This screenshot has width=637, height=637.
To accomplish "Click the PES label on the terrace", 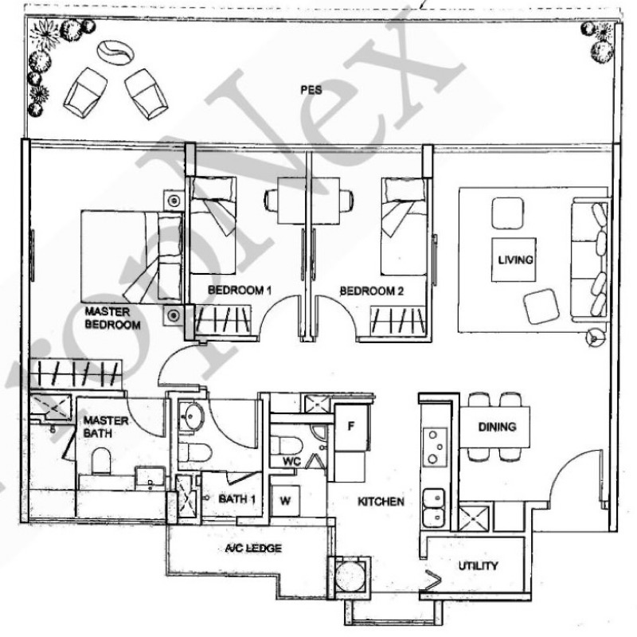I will coord(311,91).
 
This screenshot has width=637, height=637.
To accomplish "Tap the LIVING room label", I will coord(512,260).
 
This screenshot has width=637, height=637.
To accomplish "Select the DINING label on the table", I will coord(497,427).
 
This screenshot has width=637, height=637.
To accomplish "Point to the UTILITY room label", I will coord(478,566).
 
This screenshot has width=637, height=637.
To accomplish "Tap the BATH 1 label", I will coord(236,499).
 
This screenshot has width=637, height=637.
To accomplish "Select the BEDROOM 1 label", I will coord(240,291).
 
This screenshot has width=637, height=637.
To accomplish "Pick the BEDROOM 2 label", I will coord(373,291).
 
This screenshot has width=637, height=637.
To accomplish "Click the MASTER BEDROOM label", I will coord(112,318).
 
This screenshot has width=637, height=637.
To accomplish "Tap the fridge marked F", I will coord(349,424).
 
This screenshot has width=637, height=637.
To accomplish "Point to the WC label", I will coord(290,462).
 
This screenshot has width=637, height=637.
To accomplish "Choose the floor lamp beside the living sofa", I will coord(592,338).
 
